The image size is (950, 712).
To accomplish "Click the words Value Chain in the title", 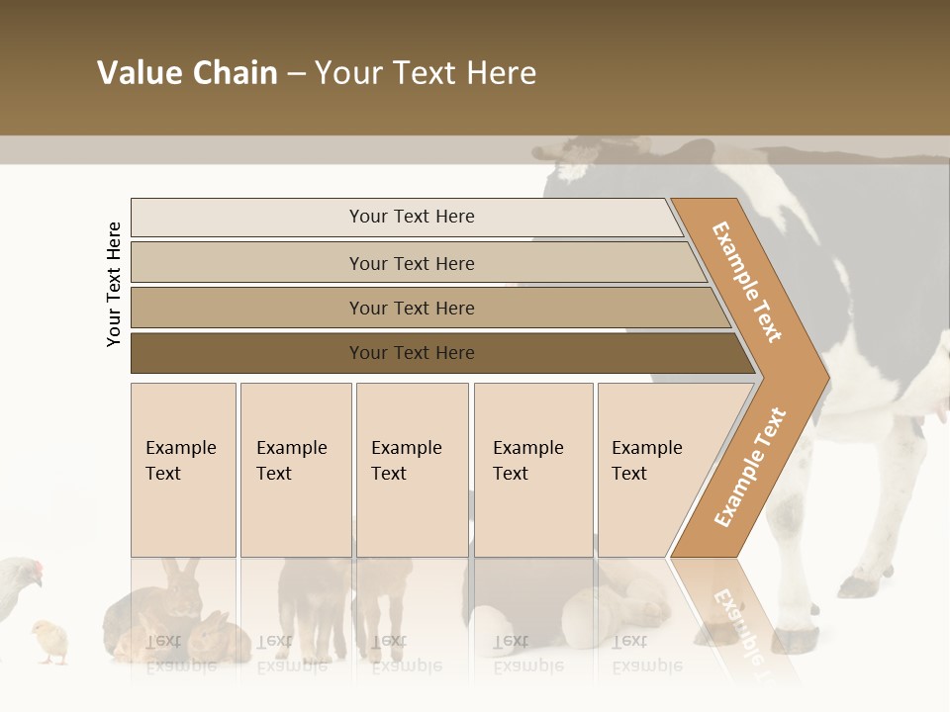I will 187,73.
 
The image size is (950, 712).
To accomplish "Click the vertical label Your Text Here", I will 114,284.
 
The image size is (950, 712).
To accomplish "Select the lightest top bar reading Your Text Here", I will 411,217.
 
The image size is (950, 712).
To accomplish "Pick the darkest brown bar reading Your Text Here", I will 411,353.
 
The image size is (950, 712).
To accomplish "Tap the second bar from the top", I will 411,263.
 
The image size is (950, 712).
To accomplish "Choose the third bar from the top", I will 411,308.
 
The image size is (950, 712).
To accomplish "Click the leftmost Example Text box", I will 183,470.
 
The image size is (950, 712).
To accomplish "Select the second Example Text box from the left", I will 295,470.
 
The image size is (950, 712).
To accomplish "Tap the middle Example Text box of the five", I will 412,470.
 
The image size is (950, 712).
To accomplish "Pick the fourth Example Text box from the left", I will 532,470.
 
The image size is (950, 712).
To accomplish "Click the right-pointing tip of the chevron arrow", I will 825,378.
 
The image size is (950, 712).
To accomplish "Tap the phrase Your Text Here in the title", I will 426,73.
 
